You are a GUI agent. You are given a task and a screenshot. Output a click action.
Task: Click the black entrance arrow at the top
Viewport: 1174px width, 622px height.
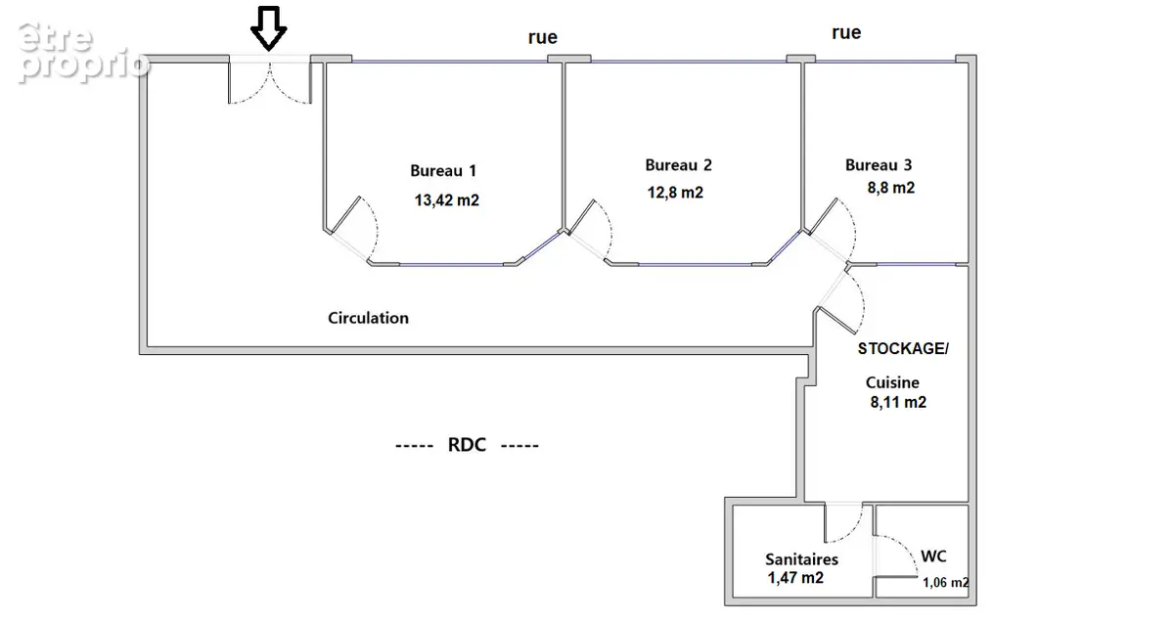268,28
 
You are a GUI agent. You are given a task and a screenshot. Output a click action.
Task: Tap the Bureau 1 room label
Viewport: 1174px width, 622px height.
443,171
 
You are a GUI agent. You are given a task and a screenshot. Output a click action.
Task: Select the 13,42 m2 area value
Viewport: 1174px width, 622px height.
446,200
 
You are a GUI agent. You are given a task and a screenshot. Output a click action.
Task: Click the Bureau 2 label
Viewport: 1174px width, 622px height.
678,165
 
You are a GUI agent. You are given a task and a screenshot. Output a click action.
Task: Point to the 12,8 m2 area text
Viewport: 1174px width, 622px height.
675,193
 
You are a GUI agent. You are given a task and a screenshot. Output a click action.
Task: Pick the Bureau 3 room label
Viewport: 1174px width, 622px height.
879,165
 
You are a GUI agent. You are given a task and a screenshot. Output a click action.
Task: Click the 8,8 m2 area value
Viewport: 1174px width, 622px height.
891,188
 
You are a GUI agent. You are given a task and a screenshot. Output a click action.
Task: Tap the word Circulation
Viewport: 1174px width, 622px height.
368,318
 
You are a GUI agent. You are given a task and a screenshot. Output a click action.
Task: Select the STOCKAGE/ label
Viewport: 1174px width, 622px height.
903,348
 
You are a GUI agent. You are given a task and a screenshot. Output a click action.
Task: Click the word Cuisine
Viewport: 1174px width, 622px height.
892,382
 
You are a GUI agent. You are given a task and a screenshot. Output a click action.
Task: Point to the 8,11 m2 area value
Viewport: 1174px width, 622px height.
898,402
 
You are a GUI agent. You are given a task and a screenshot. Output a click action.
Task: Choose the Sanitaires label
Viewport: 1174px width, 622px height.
801,559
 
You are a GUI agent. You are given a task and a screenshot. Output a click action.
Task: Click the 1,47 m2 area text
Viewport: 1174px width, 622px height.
795,578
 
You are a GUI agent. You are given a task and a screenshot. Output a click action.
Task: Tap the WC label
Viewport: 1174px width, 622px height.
933,555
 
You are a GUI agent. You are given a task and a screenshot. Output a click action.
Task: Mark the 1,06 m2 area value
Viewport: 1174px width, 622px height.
945,582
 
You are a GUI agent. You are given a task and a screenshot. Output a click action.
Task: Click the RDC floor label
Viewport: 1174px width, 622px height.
467,445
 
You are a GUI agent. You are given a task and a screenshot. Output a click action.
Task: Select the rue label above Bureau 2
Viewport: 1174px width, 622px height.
542,37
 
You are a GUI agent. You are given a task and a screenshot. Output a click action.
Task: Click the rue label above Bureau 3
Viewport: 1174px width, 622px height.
846,32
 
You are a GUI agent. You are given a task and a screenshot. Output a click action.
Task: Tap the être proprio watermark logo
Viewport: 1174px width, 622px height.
84,53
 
